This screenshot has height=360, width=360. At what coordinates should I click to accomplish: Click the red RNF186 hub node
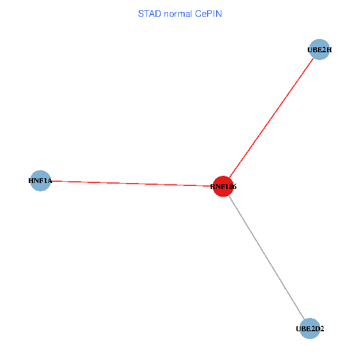point(223,186)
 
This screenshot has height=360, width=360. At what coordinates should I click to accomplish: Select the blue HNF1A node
point(40,180)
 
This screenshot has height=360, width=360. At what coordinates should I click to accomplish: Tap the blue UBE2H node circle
point(320,50)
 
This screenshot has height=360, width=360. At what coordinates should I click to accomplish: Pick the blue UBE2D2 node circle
point(310,328)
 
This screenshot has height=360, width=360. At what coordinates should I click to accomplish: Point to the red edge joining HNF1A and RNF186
point(132,183)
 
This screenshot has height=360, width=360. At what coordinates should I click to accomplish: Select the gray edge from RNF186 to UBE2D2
point(267,258)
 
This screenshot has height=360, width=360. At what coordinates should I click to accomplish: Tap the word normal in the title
point(176,13)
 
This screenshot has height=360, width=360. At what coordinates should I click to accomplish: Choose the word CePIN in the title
point(208,13)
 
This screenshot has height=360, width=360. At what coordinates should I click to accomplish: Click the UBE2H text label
point(320,50)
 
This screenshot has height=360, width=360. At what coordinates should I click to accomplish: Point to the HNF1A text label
point(40,180)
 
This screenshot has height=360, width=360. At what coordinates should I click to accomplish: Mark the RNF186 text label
point(224,187)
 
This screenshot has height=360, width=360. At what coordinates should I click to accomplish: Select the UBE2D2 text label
point(310,329)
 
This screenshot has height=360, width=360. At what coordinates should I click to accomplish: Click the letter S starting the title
point(141,13)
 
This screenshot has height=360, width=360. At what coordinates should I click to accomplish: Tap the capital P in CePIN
point(208,13)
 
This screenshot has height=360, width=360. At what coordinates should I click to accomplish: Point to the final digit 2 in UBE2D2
point(322,329)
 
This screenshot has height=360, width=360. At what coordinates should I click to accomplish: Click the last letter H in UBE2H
point(329,50)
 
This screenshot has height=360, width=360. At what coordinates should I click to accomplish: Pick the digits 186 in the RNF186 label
point(230,187)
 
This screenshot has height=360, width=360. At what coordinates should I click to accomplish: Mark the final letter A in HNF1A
point(49,180)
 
